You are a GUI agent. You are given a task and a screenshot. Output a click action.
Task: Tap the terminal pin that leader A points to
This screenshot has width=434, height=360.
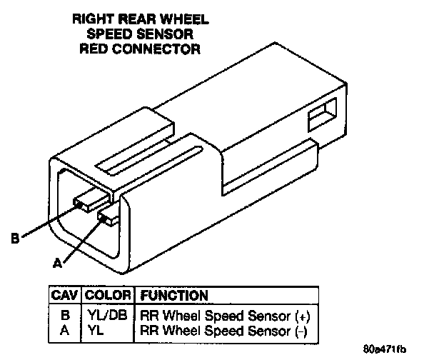(110, 218)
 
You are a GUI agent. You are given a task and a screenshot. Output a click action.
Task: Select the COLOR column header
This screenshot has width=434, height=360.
(108, 295)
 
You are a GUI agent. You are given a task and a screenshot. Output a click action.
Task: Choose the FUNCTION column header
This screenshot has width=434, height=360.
(174, 295)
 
